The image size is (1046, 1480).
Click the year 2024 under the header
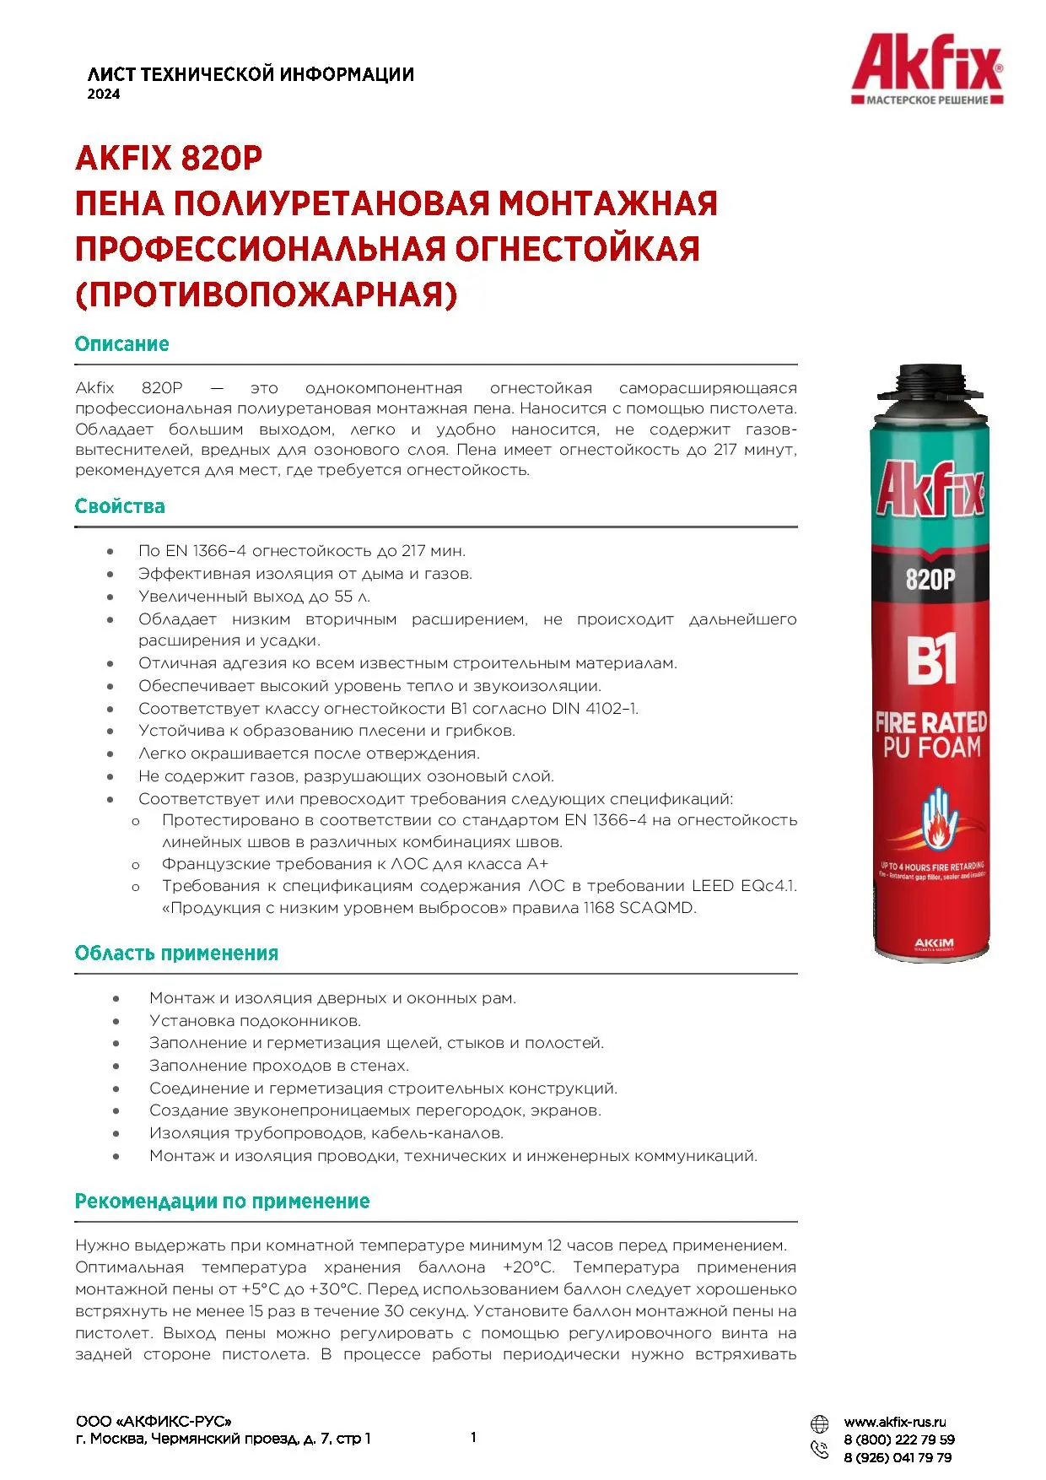point(104,95)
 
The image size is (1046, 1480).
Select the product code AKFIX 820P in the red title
point(169,158)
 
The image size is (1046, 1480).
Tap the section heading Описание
point(121,344)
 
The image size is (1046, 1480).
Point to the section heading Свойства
point(120,506)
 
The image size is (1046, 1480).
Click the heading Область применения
point(176,953)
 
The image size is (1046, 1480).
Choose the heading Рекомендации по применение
point(222,1202)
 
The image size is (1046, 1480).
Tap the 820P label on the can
point(930,580)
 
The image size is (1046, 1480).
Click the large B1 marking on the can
point(930,661)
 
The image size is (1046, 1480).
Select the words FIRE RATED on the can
point(930,723)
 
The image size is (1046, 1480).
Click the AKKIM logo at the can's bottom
point(934,943)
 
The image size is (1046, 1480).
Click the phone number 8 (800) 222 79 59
point(899,1440)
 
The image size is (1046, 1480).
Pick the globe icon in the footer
point(819,1424)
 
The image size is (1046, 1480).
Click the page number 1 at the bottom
point(473,1438)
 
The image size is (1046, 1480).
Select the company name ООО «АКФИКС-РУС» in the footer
point(153,1422)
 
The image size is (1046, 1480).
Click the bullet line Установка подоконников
point(255,1021)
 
